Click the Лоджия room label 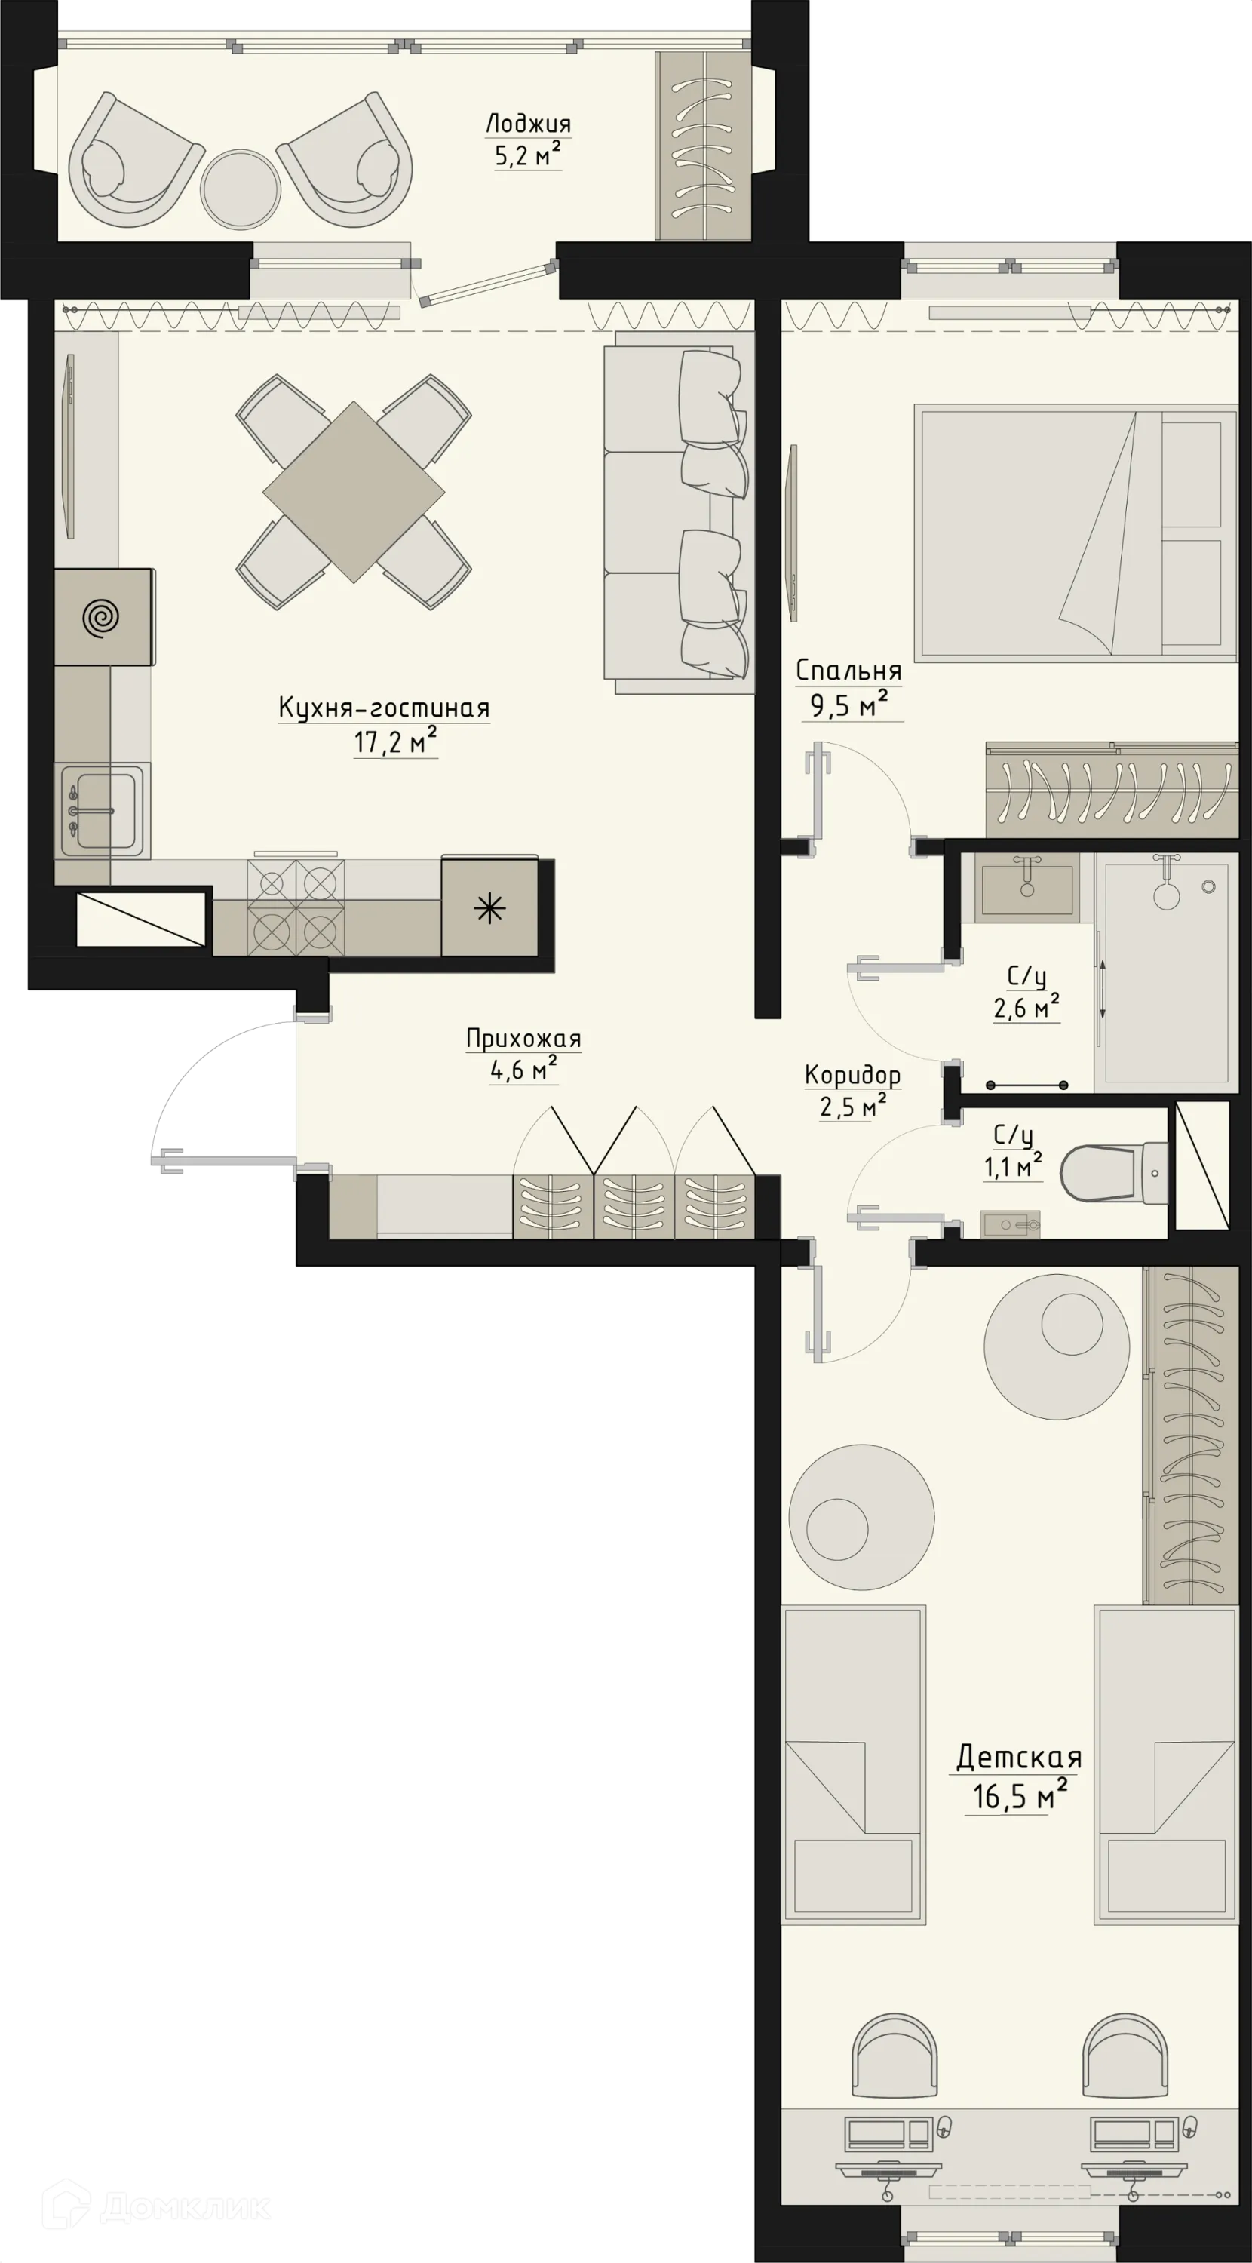tap(528, 124)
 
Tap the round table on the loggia tap(240, 188)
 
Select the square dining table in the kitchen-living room tap(353, 492)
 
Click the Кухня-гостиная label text tap(384, 708)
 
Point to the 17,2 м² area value tap(394, 742)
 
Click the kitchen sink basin tap(103, 810)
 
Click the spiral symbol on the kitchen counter tap(101, 618)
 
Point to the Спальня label tap(848, 671)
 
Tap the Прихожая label tap(523, 1039)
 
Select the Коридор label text tap(852, 1075)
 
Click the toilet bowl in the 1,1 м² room tap(1098, 1173)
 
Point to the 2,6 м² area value tap(1026, 1009)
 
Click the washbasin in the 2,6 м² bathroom tap(1027, 888)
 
